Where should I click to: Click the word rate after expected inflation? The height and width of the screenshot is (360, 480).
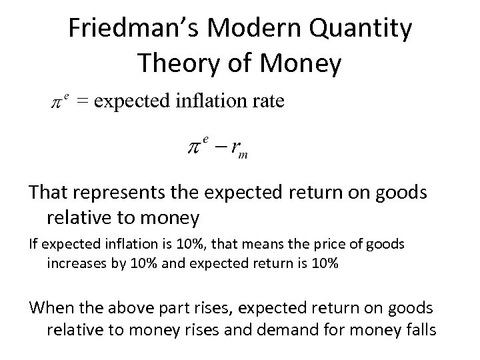pyautogui.click(x=268, y=101)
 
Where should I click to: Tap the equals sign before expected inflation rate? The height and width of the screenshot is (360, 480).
pyautogui.click(x=83, y=101)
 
